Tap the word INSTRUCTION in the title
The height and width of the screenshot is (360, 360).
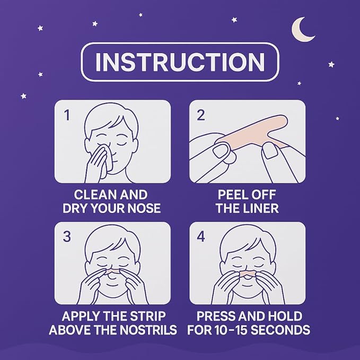pyautogui.click(x=180, y=62)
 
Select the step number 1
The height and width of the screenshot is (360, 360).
pyautogui.click(x=67, y=115)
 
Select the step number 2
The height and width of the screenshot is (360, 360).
pyautogui.click(x=200, y=115)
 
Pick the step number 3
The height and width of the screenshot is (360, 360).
pyautogui.click(x=67, y=236)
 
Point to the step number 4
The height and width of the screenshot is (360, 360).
pyautogui.click(x=200, y=236)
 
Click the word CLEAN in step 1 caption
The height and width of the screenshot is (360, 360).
pyautogui.click(x=93, y=195)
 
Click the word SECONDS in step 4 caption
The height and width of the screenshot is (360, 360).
pyautogui.click(x=286, y=330)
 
